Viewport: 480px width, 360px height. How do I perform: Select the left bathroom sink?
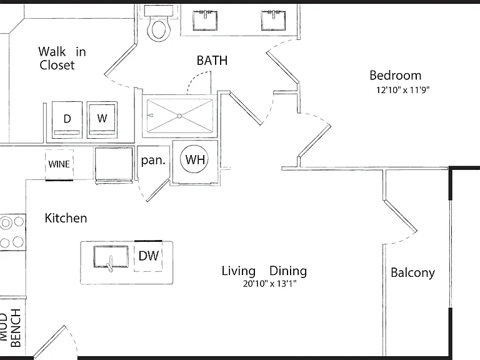[205, 21]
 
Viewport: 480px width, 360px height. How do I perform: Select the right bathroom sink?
[273, 21]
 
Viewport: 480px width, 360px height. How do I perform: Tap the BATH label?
[212, 61]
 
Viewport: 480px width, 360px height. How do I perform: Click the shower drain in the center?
[180, 116]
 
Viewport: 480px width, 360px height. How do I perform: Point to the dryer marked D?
[67, 120]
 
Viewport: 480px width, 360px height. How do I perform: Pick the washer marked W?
[102, 120]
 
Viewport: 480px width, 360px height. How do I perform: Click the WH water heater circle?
[194, 159]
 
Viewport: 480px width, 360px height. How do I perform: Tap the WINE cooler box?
[59, 165]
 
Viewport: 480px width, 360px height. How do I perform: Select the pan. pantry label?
[153, 161]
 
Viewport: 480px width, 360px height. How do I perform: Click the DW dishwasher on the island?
[148, 256]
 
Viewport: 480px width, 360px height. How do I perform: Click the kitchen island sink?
[111, 257]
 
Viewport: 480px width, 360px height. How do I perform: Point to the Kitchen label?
[66, 218]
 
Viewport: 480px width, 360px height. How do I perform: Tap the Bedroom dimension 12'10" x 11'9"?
[403, 90]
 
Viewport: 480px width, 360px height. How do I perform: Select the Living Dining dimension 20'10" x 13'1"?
[270, 284]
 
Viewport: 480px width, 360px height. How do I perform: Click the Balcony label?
[412, 272]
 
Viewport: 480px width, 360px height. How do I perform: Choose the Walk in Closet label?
[62, 58]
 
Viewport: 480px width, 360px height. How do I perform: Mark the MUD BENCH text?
[10, 328]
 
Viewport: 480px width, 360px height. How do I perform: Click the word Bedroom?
[395, 75]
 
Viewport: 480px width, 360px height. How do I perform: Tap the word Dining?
[288, 271]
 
